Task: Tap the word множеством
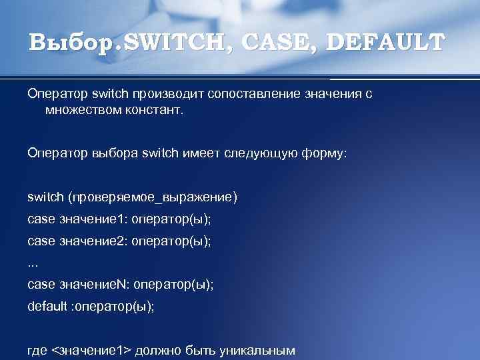pyautogui.click(x=83, y=109)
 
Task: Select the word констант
pyautogui.click(x=153, y=109)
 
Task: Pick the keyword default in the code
pyautogui.click(x=46, y=307)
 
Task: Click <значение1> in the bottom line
pyautogui.click(x=91, y=351)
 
